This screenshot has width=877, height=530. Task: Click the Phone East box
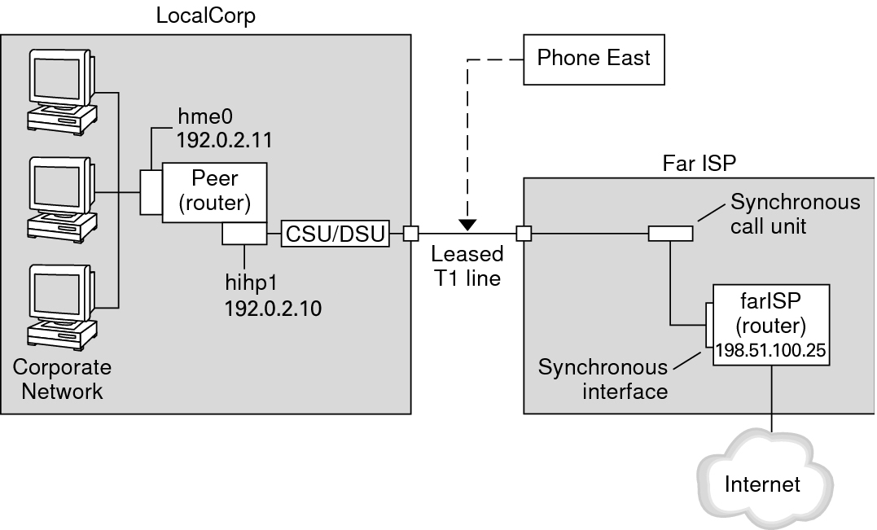(x=594, y=58)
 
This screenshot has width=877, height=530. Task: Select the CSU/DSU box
(x=335, y=234)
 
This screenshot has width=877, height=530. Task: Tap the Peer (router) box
(x=214, y=191)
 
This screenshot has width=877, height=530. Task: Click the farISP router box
(x=770, y=324)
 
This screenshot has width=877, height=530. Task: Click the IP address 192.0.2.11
(x=224, y=139)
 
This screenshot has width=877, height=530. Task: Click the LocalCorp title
(x=206, y=16)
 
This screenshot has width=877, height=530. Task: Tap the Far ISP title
(x=699, y=162)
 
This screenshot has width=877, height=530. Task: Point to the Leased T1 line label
(x=467, y=265)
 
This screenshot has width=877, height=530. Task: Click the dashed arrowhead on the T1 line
(x=467, y=224)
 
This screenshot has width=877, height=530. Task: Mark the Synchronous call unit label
(x=795, y=213)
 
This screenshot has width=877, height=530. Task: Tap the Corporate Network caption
(x=62, y=379)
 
